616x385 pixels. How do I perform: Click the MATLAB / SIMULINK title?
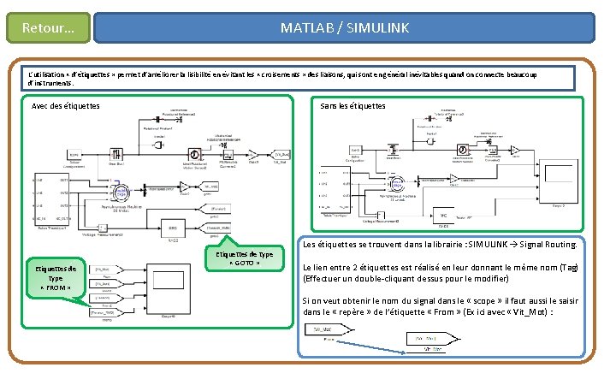345,28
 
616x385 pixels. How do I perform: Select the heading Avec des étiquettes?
65,106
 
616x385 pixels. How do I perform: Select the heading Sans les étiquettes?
352,106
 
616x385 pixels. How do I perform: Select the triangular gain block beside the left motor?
185,187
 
